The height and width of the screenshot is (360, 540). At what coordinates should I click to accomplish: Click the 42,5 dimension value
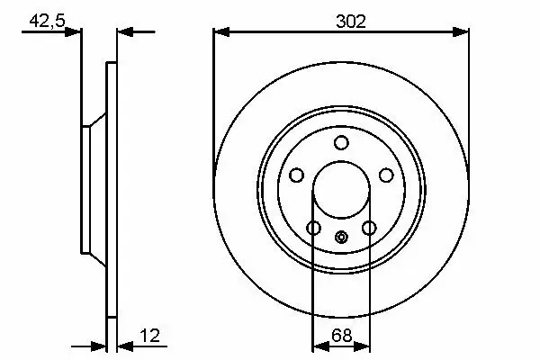(47, 21)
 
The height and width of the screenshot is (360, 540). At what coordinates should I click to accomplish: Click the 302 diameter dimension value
(351, 22)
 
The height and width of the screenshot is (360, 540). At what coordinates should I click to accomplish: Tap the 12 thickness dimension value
(149, 335)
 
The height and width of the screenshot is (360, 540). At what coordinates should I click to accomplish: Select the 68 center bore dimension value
(341, 335)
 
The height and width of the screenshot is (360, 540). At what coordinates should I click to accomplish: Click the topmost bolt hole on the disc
(341, 142)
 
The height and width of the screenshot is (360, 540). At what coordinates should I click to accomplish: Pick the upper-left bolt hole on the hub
(296, 175)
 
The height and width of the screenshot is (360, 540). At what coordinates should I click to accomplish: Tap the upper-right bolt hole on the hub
(386, 175)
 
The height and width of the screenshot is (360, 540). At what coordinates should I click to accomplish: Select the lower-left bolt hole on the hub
(313, 228)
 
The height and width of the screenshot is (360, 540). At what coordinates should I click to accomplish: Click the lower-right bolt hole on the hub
(369, 228)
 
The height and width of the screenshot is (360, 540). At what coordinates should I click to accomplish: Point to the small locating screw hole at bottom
(341, 237)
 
